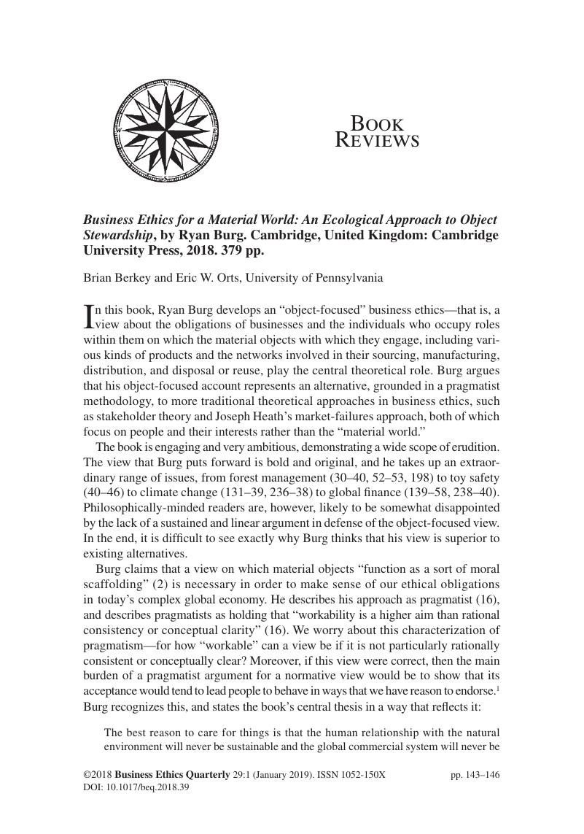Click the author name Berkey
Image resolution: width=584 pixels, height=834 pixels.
pos(131,278)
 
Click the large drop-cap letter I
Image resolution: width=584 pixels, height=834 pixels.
pos(90,315)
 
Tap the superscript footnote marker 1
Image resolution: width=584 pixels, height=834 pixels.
pos(497,687)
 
